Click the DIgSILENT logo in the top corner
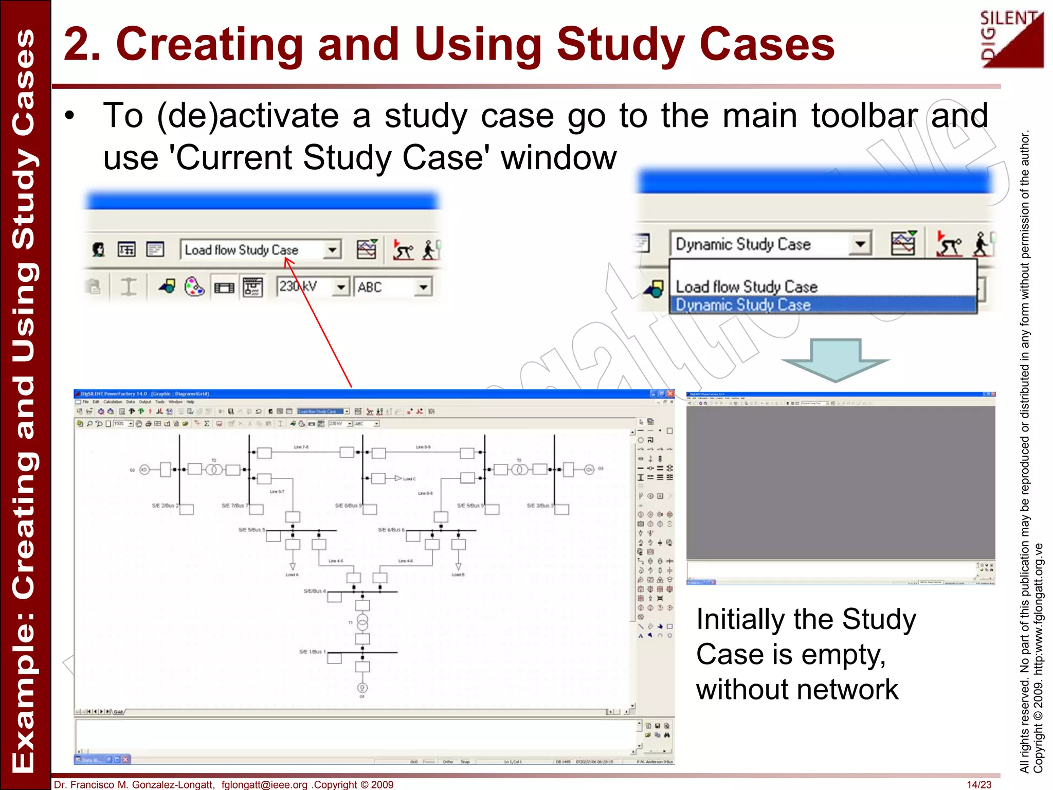1011,39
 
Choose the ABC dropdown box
392,287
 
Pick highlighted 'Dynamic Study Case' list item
823,304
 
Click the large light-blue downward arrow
835,360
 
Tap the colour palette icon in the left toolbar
194,286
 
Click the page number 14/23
978,784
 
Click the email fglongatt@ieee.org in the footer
264,784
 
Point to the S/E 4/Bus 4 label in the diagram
315,591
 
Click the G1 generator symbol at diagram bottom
362,688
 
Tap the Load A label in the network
292,574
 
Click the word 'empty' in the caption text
843,655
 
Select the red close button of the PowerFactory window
670,394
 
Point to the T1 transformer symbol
362,623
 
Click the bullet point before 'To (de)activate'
70,116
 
